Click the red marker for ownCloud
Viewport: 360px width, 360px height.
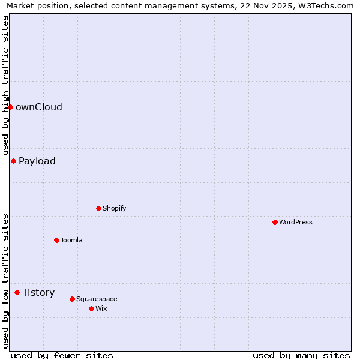[x=10, y=107]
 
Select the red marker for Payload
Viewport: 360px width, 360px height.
[x=13, y=161]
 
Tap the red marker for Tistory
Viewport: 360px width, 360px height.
[x=17, y=292]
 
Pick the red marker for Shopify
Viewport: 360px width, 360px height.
[x=98, y=208]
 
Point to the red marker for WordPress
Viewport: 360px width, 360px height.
[x=275, y=222]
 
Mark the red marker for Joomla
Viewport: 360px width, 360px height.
[x=56, y=240]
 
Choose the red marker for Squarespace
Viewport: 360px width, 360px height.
[x=72, y=299]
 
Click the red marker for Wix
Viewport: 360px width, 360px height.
[x=91, y=308]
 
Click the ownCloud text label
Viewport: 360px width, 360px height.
[x=39, y=107]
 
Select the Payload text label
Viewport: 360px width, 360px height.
[x=37, y=161]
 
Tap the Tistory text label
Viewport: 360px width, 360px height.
[x=38, y=292]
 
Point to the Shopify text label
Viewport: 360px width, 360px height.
[x=114, y=208]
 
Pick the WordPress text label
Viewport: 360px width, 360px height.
[x=296, y=222]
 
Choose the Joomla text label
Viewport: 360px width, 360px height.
[x=71, y=240]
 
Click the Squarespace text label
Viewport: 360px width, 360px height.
[x=97, y=299]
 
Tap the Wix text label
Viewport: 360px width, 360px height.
[x=101, y=308]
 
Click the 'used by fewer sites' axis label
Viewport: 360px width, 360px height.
[x=62, y=355]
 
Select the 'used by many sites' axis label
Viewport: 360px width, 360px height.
[x=301, y=355]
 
